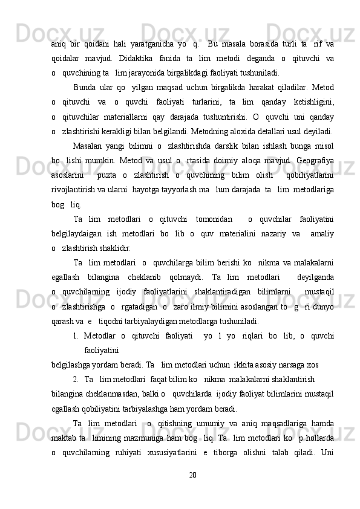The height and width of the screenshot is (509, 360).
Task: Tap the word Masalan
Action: [x=88, y=146]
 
